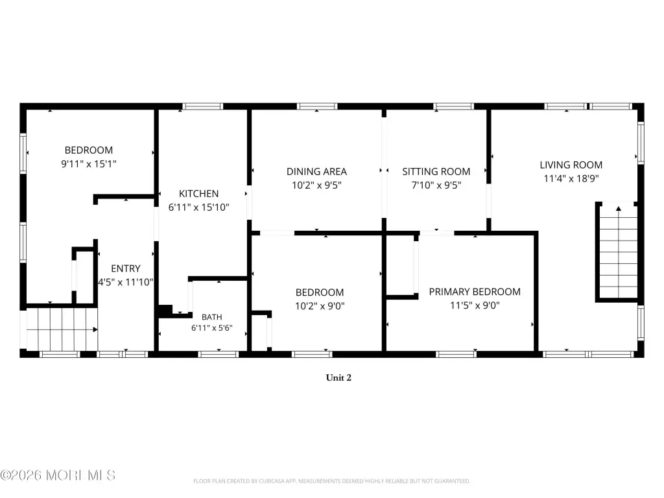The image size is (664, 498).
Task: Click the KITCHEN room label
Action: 198,193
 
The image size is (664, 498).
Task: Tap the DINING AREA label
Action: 316,171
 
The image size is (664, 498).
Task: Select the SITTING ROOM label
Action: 436,171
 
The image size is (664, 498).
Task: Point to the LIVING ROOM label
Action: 571,165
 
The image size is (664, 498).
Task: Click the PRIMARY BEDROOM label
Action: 475,292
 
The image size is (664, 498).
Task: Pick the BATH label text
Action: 212,317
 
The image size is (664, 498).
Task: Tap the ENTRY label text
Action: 126,268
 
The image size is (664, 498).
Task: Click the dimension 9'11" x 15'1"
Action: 88,164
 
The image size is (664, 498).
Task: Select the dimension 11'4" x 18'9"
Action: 571,178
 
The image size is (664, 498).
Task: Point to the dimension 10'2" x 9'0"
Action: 320,306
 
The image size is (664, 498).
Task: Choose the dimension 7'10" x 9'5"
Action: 436,185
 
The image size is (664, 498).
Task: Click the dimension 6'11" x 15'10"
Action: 198,207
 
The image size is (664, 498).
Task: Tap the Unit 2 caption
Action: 338,378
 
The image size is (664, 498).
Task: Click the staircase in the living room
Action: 619,252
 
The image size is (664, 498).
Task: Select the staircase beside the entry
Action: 62,329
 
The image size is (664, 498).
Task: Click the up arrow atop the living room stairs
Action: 619,208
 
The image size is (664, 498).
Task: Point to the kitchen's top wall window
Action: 202,106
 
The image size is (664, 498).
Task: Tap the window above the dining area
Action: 317,106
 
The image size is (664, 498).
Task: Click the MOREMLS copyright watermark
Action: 58,475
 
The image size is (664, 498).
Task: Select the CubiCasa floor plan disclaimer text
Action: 331,481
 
